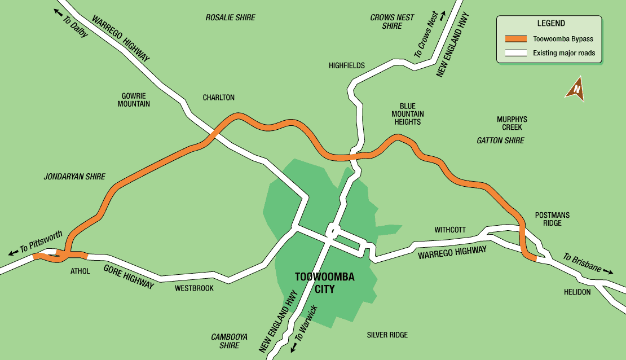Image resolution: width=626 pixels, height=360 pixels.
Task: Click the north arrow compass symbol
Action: tap(575, 89)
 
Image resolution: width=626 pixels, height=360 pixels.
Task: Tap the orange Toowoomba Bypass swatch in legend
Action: tap(515, 39)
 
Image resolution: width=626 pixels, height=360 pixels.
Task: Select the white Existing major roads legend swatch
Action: tap(515, 54)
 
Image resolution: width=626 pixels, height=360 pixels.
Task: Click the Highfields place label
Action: tap(347, 65)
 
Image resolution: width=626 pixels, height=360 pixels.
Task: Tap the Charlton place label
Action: tap(219, 98)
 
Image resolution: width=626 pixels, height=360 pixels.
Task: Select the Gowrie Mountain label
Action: tap(134, 100)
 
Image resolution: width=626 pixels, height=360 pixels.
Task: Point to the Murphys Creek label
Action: tap(512, 123)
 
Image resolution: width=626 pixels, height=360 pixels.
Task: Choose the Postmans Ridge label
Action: tap(552, 219)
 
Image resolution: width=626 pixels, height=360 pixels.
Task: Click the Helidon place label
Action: tap(577, 292)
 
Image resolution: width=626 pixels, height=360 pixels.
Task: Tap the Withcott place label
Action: tap(450, 230)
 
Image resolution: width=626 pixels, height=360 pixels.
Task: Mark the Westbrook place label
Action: tap(194, 288)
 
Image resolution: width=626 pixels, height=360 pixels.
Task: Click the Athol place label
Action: tap(80, 271)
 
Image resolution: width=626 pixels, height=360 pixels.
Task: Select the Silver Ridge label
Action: tap(387, 335)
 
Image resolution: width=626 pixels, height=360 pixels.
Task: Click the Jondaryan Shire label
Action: tap(74, 177)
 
